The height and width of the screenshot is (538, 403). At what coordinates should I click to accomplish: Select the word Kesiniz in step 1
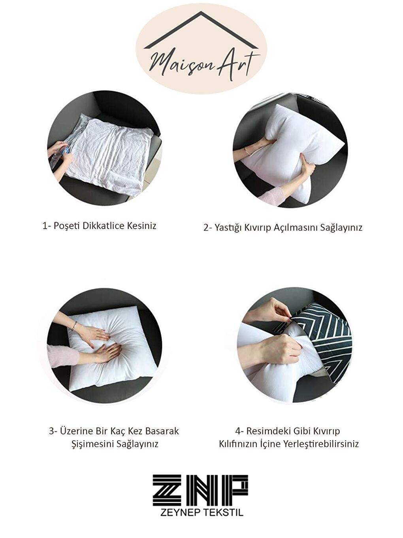pos(141,225)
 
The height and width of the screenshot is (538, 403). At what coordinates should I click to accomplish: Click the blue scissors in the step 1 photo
pos(65,151)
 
